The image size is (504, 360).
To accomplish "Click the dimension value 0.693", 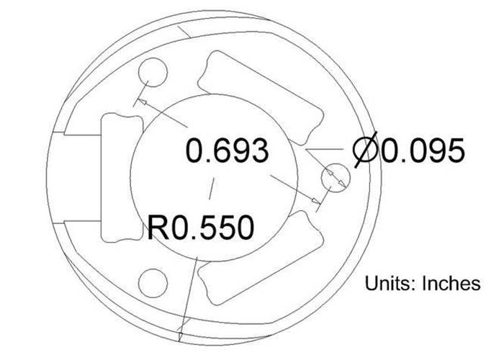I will click(227, 152).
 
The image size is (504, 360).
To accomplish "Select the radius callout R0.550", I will click(201, 228).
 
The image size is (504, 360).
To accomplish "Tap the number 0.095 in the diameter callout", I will click(421, 152).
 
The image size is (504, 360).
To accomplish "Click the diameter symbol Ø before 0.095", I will click(367, 152).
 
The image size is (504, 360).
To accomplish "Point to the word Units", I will click(387, 283).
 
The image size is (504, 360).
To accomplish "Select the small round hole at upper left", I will click(152, 73).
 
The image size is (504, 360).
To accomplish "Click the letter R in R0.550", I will click(158, 228).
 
